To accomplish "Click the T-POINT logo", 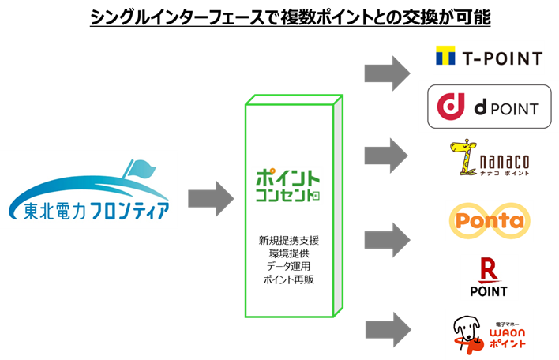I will tap(489, 58).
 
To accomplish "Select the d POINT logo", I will tap(489, 107).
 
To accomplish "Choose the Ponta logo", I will tap(489, 221).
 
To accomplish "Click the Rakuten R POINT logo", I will tap(489, 277).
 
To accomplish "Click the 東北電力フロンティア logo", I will tap(89, 190).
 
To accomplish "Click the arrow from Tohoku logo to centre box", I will tap(212, 196).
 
